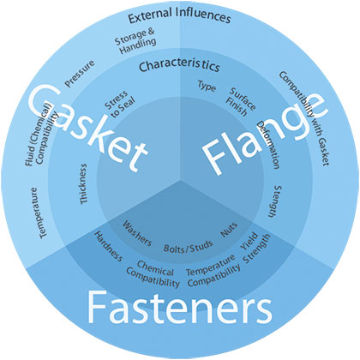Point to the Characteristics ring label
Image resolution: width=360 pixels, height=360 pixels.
pos(179,65)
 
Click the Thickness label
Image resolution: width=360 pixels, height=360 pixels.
pos(83,183)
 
